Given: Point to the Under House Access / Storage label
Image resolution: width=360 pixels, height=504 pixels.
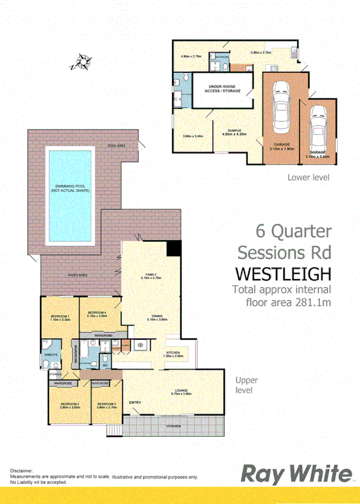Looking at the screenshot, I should [223, 89].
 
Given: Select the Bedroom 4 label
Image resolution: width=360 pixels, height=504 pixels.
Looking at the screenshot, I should [97, 313].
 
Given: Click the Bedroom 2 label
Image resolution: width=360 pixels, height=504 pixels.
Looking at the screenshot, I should [70, 404].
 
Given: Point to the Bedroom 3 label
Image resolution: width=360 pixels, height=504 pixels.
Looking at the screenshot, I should [107, 404].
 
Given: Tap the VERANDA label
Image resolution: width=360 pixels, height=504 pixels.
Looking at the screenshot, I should [173, 426].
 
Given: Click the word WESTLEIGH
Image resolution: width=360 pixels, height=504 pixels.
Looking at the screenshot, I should [283, 274].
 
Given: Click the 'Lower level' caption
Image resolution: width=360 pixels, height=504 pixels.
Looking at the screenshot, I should [308, 177].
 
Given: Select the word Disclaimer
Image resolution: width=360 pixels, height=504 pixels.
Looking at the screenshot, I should [21, 472].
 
